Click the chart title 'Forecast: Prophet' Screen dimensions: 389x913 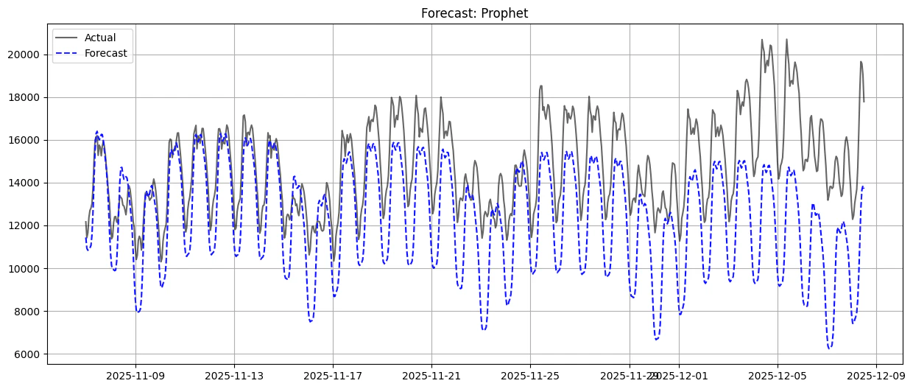474,13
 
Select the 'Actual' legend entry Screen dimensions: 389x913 99,38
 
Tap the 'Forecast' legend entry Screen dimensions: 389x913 105,53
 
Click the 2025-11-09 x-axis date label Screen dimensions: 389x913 135,375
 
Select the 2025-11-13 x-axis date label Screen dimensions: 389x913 234,375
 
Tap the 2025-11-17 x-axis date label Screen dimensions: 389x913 333,375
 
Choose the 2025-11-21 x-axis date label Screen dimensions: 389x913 431,375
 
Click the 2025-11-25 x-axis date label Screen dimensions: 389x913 530,375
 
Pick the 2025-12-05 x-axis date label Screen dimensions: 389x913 777,375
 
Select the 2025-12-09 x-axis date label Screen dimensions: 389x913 875,375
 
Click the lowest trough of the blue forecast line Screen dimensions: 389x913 829,348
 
